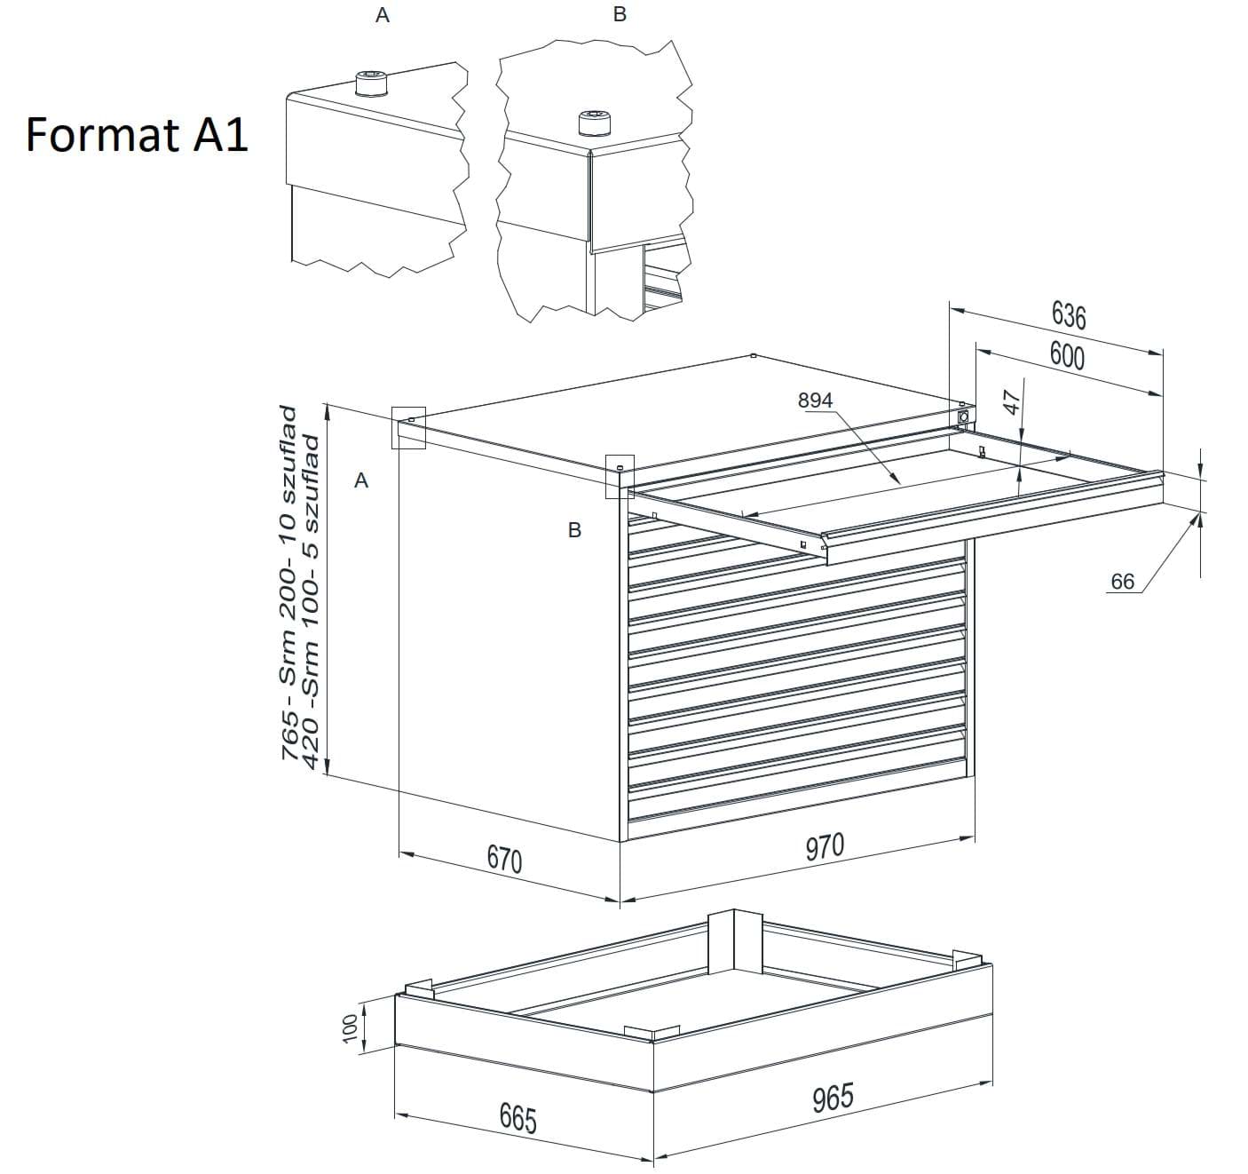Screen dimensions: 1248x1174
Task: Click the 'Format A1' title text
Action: click(x=137, y=135)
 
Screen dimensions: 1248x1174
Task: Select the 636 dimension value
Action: click(x=1069, y=315)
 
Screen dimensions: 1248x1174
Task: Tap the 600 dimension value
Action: click(x=1067, y=356)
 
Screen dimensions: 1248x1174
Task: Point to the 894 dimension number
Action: click(x=815, y=400)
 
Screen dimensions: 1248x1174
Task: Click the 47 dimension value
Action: click(x=1012, y=402)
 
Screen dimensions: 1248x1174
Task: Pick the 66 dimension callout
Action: click(x=1122, y=581)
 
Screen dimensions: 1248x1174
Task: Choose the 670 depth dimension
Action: click(x=504, y=859)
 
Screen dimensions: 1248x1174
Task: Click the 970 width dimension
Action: click(x=825, y=846)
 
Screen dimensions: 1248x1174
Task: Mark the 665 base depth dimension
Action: click(x=517, y=1118)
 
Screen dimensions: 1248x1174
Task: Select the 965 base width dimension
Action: click(x=833, y=1098)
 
